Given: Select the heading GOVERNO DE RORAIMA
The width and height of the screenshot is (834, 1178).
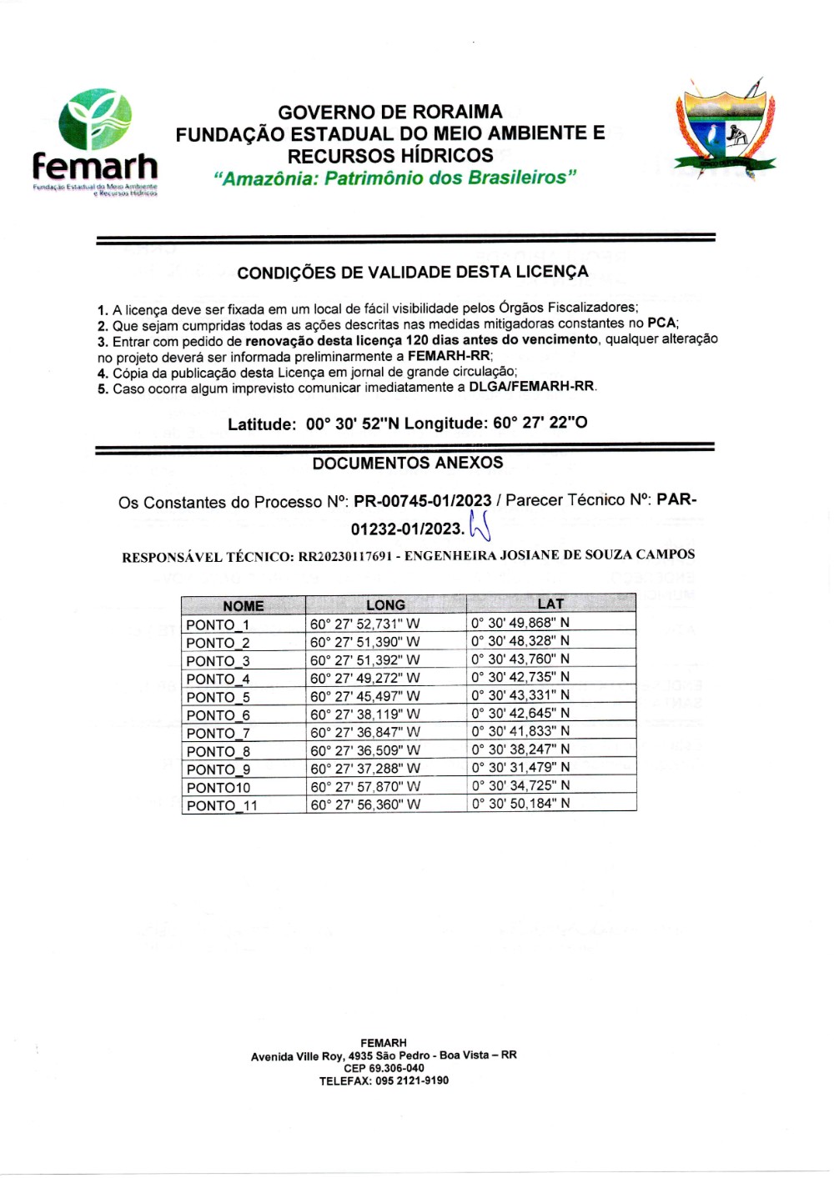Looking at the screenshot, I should [x=390, y=112].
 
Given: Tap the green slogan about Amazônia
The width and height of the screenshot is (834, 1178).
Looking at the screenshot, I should [x=394, y=178].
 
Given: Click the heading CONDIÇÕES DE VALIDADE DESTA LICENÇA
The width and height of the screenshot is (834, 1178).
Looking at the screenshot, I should [x=412, y=272].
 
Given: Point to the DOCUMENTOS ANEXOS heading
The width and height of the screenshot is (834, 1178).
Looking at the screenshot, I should [x=408, y=463].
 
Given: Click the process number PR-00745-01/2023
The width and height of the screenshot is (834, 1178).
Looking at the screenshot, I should [x=422, y=501].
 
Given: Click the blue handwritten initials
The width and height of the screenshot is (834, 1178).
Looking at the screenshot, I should [x=480, y=526].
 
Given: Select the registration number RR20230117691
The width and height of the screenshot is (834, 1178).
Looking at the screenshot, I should [x=345, y=556].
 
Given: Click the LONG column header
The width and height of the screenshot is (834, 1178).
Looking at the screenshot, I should [x=385, y=605].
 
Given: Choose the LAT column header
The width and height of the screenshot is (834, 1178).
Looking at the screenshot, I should [x=550, y=604].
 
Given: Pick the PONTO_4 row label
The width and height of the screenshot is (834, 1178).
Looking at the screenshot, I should [x=218, y=679].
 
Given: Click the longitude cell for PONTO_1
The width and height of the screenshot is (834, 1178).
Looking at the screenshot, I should [x=365, y=624].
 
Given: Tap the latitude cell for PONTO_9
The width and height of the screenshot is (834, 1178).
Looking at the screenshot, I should [x=520, y=767].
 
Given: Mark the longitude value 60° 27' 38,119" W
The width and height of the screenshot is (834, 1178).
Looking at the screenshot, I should [x=365, y=714].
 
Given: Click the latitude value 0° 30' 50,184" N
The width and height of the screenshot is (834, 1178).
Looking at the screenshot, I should [x=520, y=803].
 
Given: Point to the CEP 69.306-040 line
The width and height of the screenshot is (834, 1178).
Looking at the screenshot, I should [x=384, y=1068].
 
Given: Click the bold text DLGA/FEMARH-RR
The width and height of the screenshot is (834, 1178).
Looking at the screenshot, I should [x=531, y=386].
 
